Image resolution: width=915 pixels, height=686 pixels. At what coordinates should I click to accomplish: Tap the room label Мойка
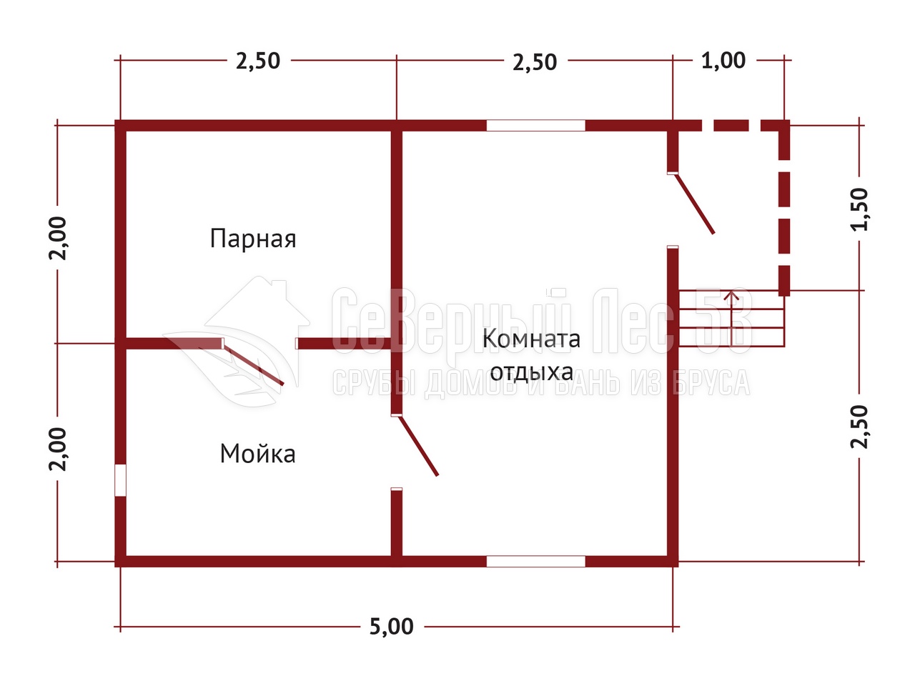[x=257, y=454]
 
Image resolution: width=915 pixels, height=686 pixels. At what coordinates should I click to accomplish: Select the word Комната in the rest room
[x=531, y=339]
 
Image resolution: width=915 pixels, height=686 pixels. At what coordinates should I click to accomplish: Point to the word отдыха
[x=532, y=372]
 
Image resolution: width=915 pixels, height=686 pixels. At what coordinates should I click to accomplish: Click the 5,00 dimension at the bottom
[x=392, y=627]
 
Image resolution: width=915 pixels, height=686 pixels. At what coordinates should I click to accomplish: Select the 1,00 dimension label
[x=723, y=61]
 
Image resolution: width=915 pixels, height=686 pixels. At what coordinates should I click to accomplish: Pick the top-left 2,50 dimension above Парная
[x=258, y=61]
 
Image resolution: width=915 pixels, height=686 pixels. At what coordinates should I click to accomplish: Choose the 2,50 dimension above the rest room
[x=535, y=62]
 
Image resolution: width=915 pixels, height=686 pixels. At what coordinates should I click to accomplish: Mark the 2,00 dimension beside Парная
[x=57, y=238]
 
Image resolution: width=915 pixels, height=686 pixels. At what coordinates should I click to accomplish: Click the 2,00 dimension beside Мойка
[x=57, y=449]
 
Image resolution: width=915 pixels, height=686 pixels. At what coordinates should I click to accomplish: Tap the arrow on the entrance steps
[x=731, y=319]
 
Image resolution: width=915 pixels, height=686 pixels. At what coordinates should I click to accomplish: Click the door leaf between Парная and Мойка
[x=252, y=364]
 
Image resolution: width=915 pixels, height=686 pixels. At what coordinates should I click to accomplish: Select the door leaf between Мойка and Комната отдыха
[x=417, y=445]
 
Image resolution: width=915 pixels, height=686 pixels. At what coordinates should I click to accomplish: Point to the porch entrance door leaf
[x=695, y=204]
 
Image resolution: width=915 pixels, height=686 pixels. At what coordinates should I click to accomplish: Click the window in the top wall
[x=535, y=125]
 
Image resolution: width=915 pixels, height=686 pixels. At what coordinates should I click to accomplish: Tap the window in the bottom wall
[x=535, y=562]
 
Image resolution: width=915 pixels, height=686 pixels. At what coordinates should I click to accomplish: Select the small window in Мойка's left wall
[x=121, y=480]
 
